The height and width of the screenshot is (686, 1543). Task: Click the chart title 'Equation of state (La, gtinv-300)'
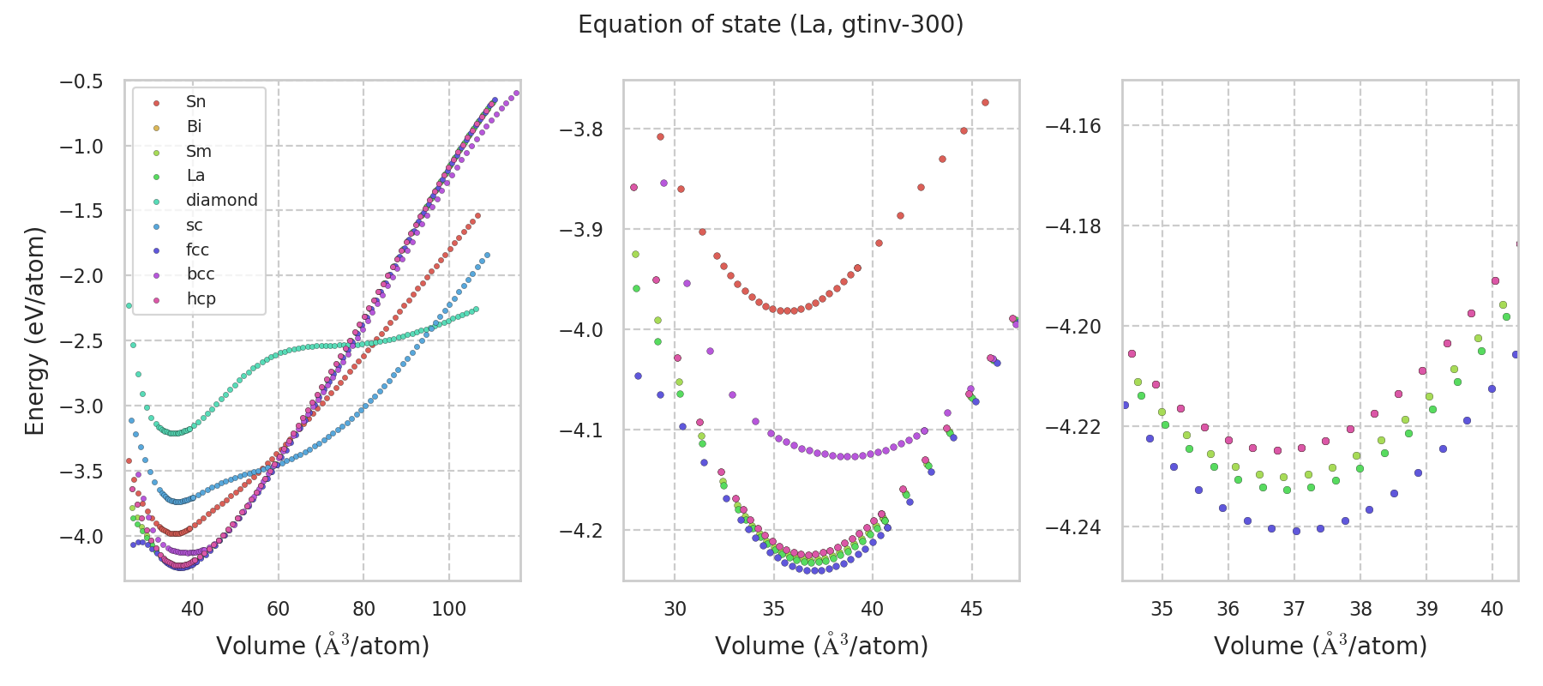(x=771, y=25)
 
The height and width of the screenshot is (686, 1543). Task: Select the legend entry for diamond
(x=221, y=200)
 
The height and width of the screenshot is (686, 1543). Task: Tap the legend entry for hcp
(x=201, y=298)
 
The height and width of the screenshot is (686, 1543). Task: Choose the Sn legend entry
(x=195, y=101)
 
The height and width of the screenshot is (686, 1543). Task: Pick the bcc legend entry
(x=200, y=274)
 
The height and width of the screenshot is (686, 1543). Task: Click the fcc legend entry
(x=197, y=250)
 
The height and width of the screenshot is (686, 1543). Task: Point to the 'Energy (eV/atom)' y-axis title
(x=34, y=330)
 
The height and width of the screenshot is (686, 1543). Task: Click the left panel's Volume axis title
(x=322, y=646)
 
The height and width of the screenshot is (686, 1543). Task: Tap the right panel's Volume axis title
(x=1320, y=646)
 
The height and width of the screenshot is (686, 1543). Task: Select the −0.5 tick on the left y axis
(x=81, y=81)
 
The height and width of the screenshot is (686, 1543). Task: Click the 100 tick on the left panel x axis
(x=448, y=609)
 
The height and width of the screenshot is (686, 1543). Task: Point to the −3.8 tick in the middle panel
(x=581, y=129)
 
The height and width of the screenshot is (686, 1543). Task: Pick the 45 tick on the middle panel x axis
(x=971, y=609)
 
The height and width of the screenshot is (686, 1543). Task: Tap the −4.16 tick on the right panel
(x=1073, y=126)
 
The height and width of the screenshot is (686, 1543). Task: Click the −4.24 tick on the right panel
(x=1073, y=527)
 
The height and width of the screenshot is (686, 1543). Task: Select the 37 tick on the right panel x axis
(x=1294, y=609)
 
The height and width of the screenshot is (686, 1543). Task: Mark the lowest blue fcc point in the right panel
(x=1296, y=531)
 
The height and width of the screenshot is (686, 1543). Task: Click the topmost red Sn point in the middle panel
(x=985, y=102)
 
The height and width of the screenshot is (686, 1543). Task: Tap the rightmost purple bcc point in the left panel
(x=516, y=93)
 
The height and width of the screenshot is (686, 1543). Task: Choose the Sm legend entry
(x=198, y=151)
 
